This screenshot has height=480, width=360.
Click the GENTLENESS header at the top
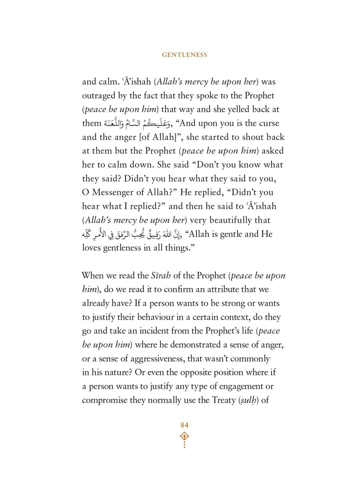point(184,55)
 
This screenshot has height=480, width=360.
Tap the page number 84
point(184,425)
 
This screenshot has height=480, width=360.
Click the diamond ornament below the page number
point(184,436)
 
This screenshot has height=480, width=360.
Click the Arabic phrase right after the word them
point(137,123)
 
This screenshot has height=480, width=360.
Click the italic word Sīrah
point(161,275)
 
